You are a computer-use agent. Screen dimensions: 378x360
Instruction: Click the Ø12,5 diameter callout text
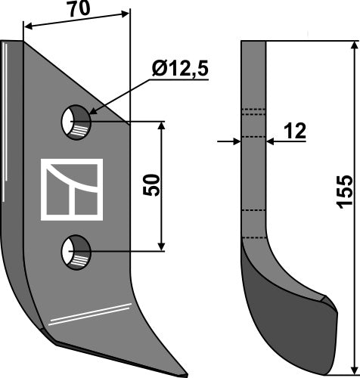179,72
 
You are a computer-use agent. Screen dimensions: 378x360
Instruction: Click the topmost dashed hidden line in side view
253,111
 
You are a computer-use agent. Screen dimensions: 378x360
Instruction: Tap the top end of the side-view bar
253,43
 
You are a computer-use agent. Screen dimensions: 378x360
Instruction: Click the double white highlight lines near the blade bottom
88,314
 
